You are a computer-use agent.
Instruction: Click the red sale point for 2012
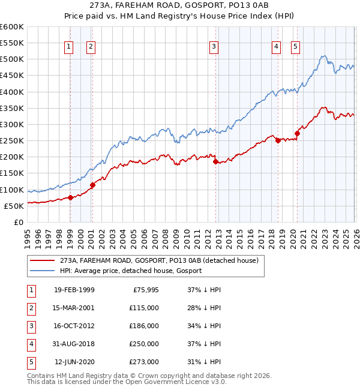click(x=215, y=161)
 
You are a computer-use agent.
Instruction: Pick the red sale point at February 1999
click(x=70, y=197)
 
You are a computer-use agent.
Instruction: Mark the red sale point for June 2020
click(x=297, y=133)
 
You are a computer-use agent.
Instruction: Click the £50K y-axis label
click(x=13, y=206)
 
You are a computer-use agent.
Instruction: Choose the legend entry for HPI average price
click(x=130, y=271)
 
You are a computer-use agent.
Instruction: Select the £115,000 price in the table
click(x=145, y=307)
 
